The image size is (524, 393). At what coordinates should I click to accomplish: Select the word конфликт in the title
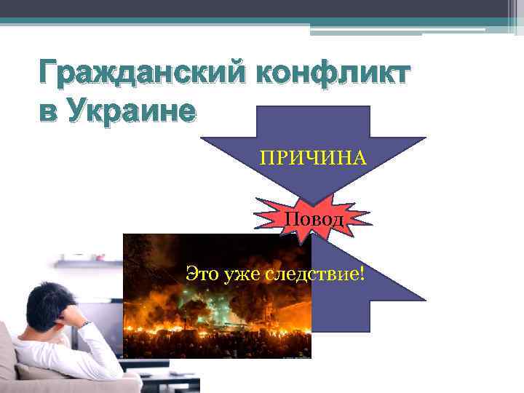(333, 74)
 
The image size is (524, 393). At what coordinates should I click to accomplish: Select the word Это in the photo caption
(200, 274)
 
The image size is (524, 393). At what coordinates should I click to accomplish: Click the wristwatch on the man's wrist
(85, 322)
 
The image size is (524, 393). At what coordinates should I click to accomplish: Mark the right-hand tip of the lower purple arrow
(424, 299)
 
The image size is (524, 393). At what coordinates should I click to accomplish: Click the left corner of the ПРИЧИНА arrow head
(202, 138)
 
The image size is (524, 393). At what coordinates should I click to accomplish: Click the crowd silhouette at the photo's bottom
(218, 342)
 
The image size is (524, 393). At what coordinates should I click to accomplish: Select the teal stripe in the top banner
(255, 21)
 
